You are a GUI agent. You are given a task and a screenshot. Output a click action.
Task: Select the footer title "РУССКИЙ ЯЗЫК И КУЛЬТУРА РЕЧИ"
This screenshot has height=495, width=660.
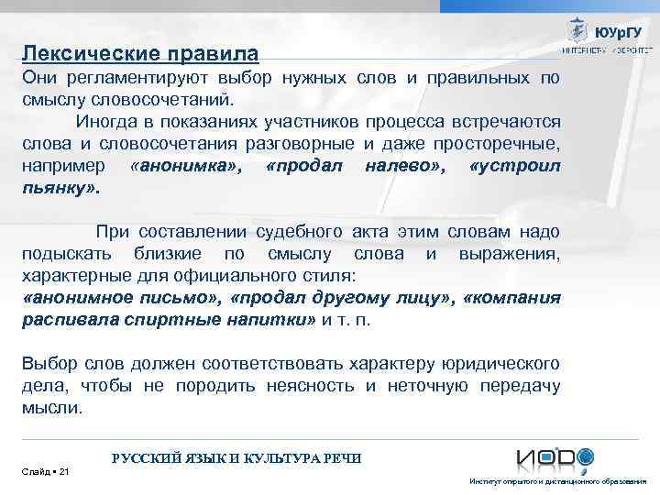pyautogui.click(x=236, y=457)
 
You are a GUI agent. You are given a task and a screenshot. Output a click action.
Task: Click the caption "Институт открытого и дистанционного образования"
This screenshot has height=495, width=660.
pyautogui.click(x=557, y=481)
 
